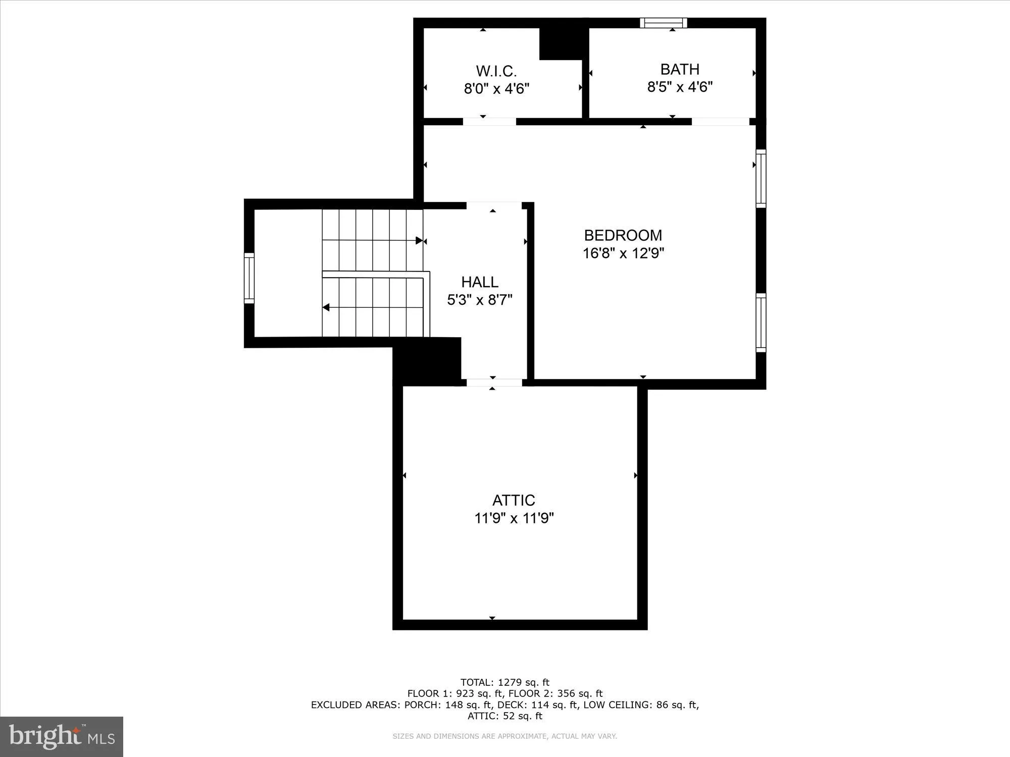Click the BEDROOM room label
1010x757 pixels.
tap(623, 235)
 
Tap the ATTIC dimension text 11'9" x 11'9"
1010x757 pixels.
tap(514, 518)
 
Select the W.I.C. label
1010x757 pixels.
tap(496, 71)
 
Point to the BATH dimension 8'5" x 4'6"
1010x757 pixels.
tap(680, 87)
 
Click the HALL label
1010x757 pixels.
tap(479, 282)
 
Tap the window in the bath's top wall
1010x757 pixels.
tap(664, 23)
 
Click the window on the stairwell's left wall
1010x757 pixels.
tap(249, 278)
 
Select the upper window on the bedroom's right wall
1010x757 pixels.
tap(761, 178)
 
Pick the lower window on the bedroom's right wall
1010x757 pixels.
tap(761, 322)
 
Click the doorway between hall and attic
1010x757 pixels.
tap(493, 383)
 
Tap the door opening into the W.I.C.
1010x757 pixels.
tap(489, 122)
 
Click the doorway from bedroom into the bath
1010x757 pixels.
tap(720, 122)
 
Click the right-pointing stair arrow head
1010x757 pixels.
tap(419, 241)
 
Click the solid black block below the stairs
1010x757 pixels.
tap(427, 361)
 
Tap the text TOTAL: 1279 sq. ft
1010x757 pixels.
tap(504, 682)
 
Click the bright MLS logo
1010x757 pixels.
tap(62, 736)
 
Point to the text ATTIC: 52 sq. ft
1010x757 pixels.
tap(504, 716)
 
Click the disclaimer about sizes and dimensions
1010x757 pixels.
tap(504, 736)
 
